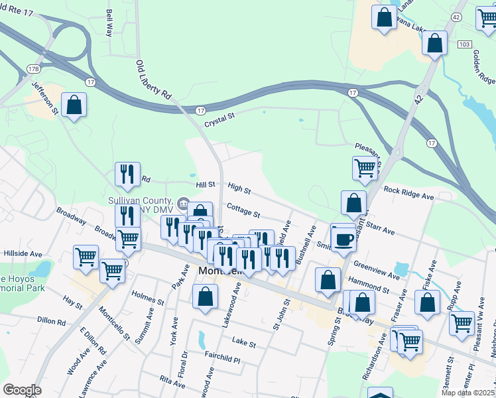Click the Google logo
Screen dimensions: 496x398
(22, 390)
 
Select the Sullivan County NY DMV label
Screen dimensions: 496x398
(140, 204)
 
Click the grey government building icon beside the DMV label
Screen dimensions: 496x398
(182, 203)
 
